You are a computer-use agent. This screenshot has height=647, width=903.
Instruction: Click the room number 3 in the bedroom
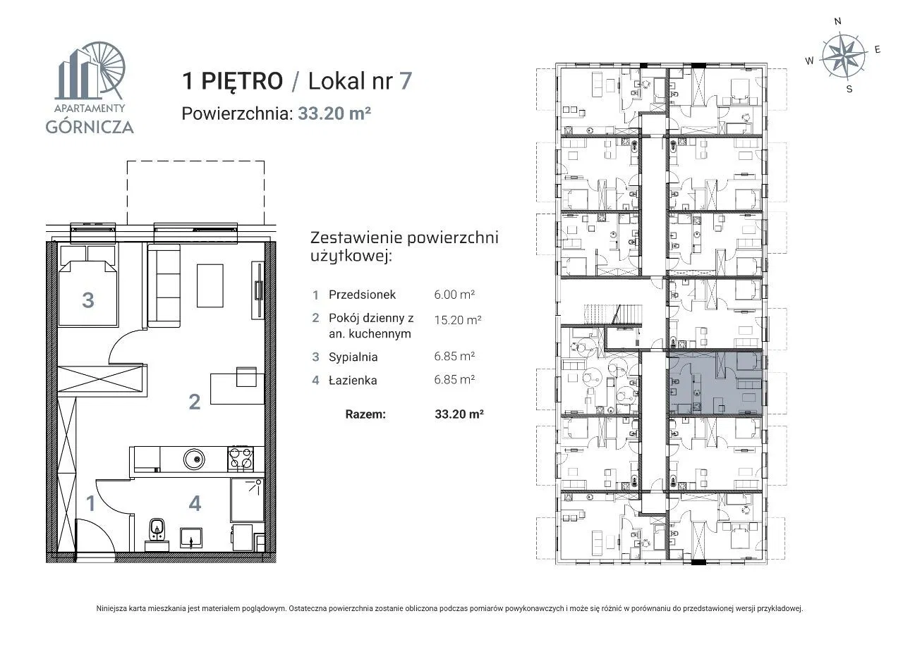(88, 300)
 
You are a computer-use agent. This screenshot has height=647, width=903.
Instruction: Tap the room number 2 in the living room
(195, 402)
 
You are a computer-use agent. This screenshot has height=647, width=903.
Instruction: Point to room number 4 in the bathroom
(195, 503)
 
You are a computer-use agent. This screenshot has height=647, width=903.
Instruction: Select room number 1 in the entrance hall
(91, 503)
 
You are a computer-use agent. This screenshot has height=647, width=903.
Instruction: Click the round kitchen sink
(194, 458)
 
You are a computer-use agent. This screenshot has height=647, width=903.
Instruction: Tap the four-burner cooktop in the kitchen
(241, 458)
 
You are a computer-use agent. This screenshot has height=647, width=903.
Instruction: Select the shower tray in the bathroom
(248, 500)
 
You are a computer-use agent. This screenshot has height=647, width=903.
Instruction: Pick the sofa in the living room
(164, 285)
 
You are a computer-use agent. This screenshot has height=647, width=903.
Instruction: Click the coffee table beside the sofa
(210, 285)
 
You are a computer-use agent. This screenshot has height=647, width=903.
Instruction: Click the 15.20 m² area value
(458, 320)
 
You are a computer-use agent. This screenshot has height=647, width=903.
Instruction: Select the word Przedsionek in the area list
(362, 295)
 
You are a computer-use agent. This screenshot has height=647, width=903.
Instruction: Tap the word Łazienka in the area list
(353, 380)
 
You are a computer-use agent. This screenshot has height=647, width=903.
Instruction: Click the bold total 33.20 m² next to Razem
(459, 414)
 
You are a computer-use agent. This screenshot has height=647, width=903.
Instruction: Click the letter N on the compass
(837, 21)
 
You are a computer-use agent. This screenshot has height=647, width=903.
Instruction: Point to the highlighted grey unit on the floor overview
(715, 383)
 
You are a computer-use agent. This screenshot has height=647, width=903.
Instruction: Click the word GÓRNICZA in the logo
(90, 126)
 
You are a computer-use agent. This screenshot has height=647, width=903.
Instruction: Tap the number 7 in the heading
(406, 80)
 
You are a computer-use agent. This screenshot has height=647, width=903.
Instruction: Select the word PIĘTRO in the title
(242, 81)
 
